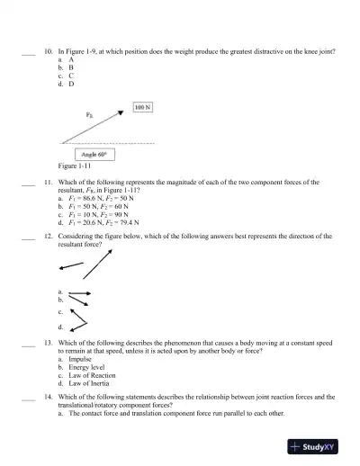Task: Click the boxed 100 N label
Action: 142,107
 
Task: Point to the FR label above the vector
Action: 90,115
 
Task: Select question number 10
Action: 49,52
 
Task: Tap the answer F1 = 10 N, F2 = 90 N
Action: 99,212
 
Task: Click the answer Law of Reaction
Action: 90,375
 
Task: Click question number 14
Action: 49,397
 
